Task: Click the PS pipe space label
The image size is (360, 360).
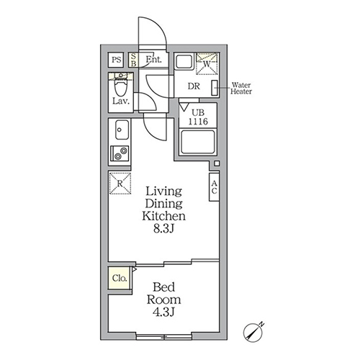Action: (x=117, y=60)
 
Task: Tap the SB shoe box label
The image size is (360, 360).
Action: (x=134, y=60)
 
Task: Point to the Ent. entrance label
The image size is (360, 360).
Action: (x=154, y=59)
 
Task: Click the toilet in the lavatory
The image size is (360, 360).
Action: (x=121, y=86)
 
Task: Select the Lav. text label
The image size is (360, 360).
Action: (x=121, y=101)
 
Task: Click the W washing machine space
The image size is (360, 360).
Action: (x=207, y=64)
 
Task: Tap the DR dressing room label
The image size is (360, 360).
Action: (x=194, y=86)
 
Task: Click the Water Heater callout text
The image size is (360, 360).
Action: (x=241, y=88)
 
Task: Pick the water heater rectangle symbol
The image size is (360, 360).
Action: (x=215, y=88)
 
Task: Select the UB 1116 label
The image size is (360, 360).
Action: (x=198, y=117)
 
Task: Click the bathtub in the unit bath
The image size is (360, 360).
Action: (x=198, y=142)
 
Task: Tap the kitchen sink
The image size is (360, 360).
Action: (x=122, y=130)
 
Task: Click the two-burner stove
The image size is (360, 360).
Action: (x=120, y=153)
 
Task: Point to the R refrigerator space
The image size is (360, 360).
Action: (x=120, y=184)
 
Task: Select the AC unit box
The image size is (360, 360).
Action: (x=214, y=187)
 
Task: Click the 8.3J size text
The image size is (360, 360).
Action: (x=163, y=229)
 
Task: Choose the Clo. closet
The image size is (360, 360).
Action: (x=120, y=278)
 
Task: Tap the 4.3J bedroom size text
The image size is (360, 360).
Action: (x=163, y=312)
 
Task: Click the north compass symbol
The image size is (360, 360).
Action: (x=253, y=333)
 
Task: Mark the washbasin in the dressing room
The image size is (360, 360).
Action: (x=184, y=62)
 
